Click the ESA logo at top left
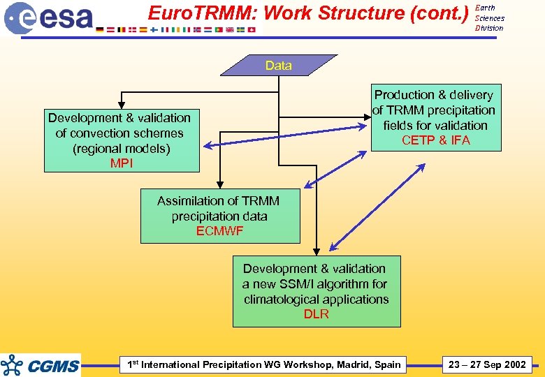tap(49, 17)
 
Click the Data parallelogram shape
tap(278, 66)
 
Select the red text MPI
tap(121, 164)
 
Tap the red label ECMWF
tap(219, 232)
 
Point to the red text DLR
tap(316, 315)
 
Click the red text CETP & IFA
tap(435, 141)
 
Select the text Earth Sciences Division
tap(489, 18)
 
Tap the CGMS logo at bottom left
tap(41, 364)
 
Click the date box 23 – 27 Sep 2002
tap(487, 364)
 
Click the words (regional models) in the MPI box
tap(121, 149)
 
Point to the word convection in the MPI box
tap(112, 133)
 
